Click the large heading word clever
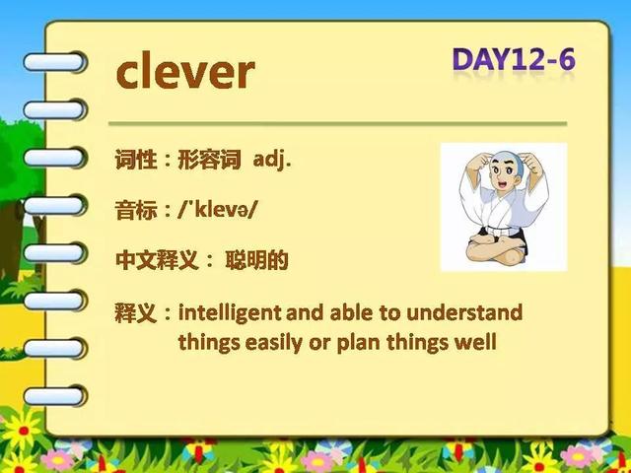click(x=185, y=70)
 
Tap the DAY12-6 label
click(x=515, y=60)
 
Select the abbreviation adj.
click(x=272, y=161)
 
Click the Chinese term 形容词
click(x=209, y=160)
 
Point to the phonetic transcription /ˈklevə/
click(x=217, y=210)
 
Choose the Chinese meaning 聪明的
click(x=256, y=260)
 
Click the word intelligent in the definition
click(x=230, y=313)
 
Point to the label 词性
click(x=136, y=160)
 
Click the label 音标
click(x=136, y=210)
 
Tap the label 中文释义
click(x=157, y=260)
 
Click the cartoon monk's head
click(x=506, y=170)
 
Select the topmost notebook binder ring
click(x=55, y=62)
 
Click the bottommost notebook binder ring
click(x=55, y=395)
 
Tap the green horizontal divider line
click(x=337, y=124)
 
